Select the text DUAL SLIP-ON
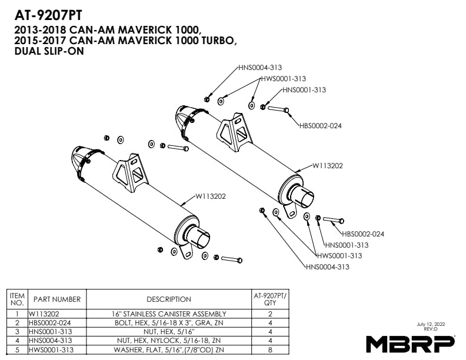click(x=48, y=51)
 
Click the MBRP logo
click(x=410, y=343)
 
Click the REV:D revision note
click(x=430, y=329)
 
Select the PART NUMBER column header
click(x=56, y=299)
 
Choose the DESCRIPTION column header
click(x=169, y=299)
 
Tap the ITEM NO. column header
click(x=18, y=299)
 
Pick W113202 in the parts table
click(x=45, y=314)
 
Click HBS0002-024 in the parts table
click(x=51, y=323)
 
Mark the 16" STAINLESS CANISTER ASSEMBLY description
click(x=169, y=314)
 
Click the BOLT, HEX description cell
click(x=169, y=323)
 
